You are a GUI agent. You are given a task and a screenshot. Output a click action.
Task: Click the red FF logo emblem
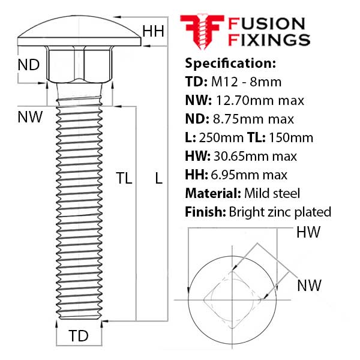pos(202,32)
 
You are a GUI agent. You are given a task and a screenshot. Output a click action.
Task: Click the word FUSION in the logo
pos(266,24)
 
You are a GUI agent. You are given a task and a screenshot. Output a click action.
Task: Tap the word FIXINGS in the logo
pos(269,40)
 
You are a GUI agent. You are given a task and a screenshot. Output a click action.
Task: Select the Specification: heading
pos(230,63)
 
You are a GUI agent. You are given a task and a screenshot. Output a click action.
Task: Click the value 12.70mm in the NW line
pos(245,101)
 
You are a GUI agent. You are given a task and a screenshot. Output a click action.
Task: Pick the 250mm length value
pos(221,138)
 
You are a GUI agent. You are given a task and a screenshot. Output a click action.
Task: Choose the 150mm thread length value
pos(291,138)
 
